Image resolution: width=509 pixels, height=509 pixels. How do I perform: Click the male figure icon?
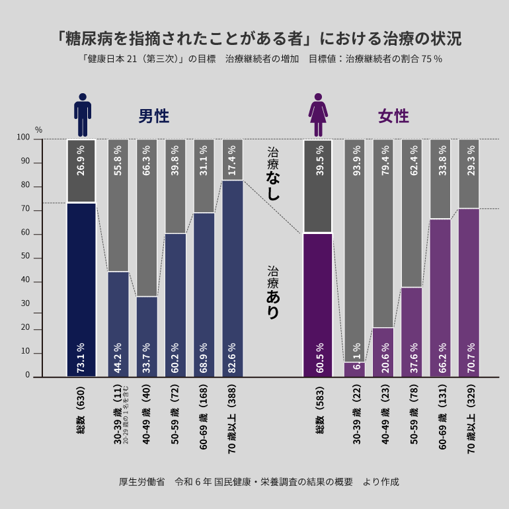click(x=82, y=114)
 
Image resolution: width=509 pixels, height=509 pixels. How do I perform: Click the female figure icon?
click(x=318, y=114)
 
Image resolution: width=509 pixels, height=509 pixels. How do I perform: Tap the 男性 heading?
click(x=153, y=116)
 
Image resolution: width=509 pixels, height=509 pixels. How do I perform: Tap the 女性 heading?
click(x=393, y=116)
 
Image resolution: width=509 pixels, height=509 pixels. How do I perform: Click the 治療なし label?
click(x=273, y=174)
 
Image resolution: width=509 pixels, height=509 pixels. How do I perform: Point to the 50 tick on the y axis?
click(x=26, y=258)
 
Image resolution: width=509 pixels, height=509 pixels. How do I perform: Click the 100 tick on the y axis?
click(x=24, y=138)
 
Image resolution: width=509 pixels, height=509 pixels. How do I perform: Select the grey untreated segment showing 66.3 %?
click(x=147, y=218)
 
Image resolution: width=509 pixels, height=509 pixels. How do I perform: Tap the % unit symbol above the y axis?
click(x=38, y=130)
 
